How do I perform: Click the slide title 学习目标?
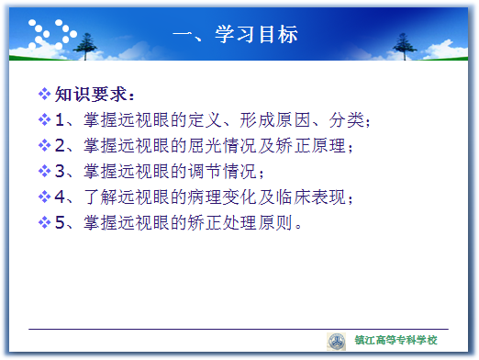256,34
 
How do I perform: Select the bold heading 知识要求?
91,94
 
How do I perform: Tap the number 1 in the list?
60,119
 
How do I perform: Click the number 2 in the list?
60,145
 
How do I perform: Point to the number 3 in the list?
60,171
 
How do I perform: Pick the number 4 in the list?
60,197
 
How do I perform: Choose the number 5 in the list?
60,222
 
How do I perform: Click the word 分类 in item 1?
347,119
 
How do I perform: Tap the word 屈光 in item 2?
205,145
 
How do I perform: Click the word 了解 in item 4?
101,197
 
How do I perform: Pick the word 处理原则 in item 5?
258,222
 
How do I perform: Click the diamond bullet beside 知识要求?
44,94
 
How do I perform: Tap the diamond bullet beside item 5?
44,222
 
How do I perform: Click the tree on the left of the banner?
85,46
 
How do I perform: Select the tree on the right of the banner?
405,46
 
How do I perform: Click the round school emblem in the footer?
337,342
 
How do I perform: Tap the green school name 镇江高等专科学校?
395,340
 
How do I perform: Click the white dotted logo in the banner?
52,34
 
